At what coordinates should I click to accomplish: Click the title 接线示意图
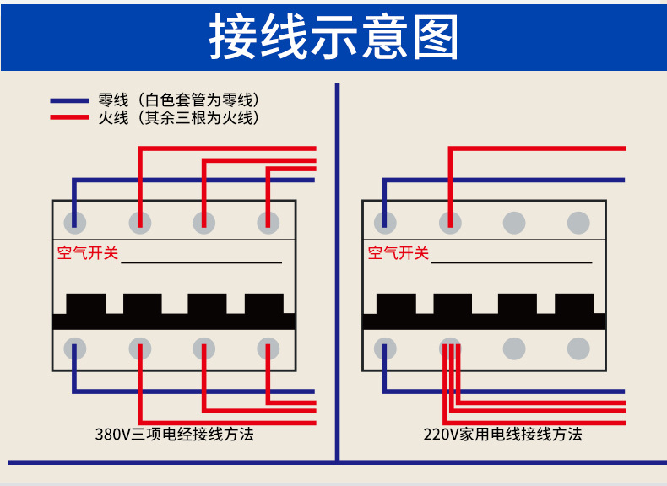[333, 37]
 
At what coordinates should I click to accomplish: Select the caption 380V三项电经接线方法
[174, 435]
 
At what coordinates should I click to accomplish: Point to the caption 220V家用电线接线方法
[502, 435]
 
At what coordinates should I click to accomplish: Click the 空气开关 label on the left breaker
[88, 252]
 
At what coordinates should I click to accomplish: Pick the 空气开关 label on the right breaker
[399, 252]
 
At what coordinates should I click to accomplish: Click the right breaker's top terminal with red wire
[450, 223]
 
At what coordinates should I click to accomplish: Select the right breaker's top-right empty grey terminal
[578, 223]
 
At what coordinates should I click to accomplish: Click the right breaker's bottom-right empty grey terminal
[578, 348]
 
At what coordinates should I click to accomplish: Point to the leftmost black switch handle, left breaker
[86, 304]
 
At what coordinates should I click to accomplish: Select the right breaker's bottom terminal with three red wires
[450, 348]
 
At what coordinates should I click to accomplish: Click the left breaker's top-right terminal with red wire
[268, 223]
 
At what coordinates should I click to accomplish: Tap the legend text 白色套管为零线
[200, 100]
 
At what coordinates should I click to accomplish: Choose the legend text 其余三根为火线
[200, 118]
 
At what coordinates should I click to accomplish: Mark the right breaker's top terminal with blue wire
[386, 223]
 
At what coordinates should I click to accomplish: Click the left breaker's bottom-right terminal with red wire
[268, 348]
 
